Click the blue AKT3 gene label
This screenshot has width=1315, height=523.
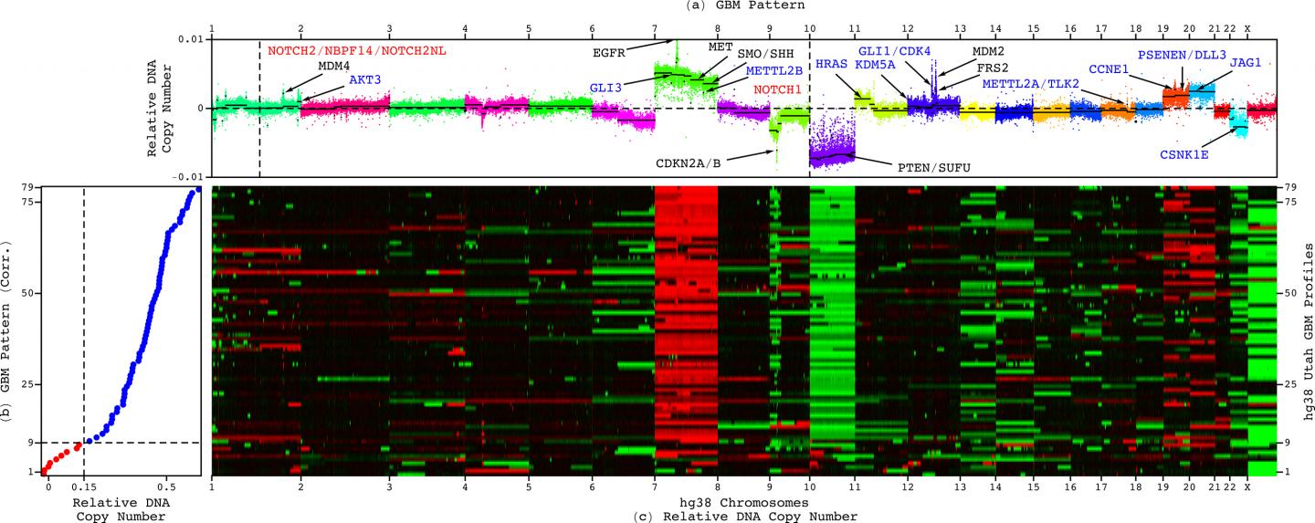(x=364, y=79)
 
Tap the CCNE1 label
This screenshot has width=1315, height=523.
(x=1108, y=67)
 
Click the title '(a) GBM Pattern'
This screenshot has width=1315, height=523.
(x=657, y=5)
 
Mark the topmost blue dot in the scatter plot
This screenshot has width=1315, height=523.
(x=198, y=190)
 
